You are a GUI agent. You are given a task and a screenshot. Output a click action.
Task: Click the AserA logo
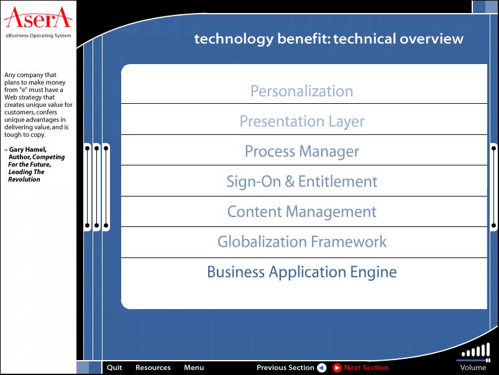tap(38, 17)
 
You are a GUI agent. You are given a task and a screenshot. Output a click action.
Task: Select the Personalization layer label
tap(301, 91)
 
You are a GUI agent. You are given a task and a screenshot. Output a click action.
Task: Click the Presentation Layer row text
tap(302, 122)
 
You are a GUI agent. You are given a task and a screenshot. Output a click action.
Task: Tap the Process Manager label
tap(301, 152)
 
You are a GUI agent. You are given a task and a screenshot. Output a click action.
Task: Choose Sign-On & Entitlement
tap(301, 182)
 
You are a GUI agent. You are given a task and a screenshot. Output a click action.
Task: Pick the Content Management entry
tap(301, 212)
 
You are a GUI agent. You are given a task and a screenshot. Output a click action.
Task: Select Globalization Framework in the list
tap(301, 242)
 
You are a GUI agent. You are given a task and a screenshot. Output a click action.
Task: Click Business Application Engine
tap(301, 272)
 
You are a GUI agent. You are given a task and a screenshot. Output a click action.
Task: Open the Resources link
tap(153, 368)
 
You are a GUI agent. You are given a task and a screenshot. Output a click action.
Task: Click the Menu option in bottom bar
tap(194, 368)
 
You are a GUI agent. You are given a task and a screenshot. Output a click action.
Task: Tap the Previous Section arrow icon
tap(322, 368)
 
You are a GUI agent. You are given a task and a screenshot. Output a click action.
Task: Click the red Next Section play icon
tap(337, 368)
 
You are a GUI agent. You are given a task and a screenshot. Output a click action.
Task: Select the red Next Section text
tap(366, 368)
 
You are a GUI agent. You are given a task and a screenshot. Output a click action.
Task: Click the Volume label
tap(473, 368)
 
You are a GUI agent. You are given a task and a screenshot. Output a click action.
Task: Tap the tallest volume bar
tap(488, 350)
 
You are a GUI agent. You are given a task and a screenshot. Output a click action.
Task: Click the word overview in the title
tap(431, 39)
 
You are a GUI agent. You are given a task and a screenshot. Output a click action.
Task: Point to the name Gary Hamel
tap(28, 149)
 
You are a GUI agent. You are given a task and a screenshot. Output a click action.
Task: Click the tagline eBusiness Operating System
tap(38, 35)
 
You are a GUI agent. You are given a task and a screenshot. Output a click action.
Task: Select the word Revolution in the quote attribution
tap(24, 179)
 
